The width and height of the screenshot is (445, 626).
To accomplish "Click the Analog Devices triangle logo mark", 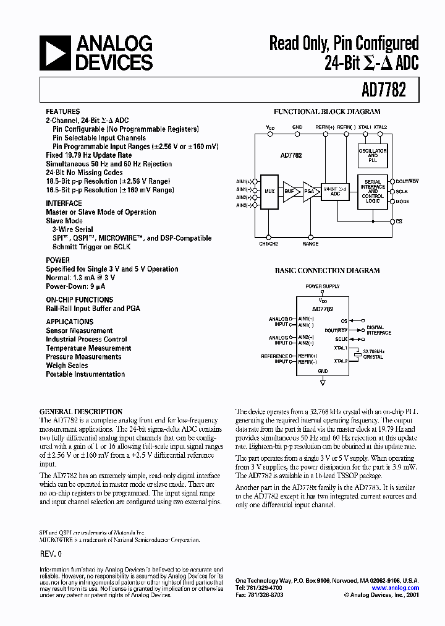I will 54,53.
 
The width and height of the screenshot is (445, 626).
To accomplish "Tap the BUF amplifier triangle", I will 289,192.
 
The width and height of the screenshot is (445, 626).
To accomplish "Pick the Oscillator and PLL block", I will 373,155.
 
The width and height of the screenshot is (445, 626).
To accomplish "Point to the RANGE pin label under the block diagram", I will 310,244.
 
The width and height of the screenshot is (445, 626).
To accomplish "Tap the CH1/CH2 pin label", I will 269,244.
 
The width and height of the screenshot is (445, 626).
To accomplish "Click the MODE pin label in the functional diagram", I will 402,201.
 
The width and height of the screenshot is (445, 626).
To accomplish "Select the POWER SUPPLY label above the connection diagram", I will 322,286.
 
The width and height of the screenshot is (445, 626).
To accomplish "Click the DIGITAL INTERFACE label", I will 378,330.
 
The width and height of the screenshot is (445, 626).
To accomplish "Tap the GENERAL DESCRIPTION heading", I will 81,411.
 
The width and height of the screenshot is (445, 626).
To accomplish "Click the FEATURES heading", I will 62,111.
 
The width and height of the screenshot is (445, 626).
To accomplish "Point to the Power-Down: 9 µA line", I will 75,286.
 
